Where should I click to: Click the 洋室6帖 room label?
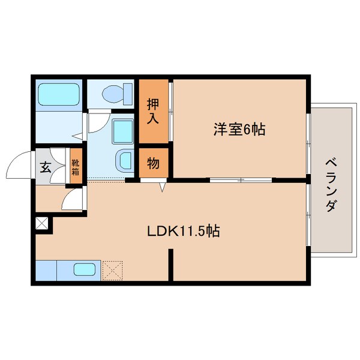[x=239, y=128]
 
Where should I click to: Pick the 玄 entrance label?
[x=46, y=167]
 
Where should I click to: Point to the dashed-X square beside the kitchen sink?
[x=112, y=269]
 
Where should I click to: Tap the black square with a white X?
[x=42, y=225]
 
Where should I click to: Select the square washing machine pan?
[x=122, y=129]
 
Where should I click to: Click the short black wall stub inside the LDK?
[x=170, y=265]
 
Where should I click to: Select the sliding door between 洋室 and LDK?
[x=240, y=179]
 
